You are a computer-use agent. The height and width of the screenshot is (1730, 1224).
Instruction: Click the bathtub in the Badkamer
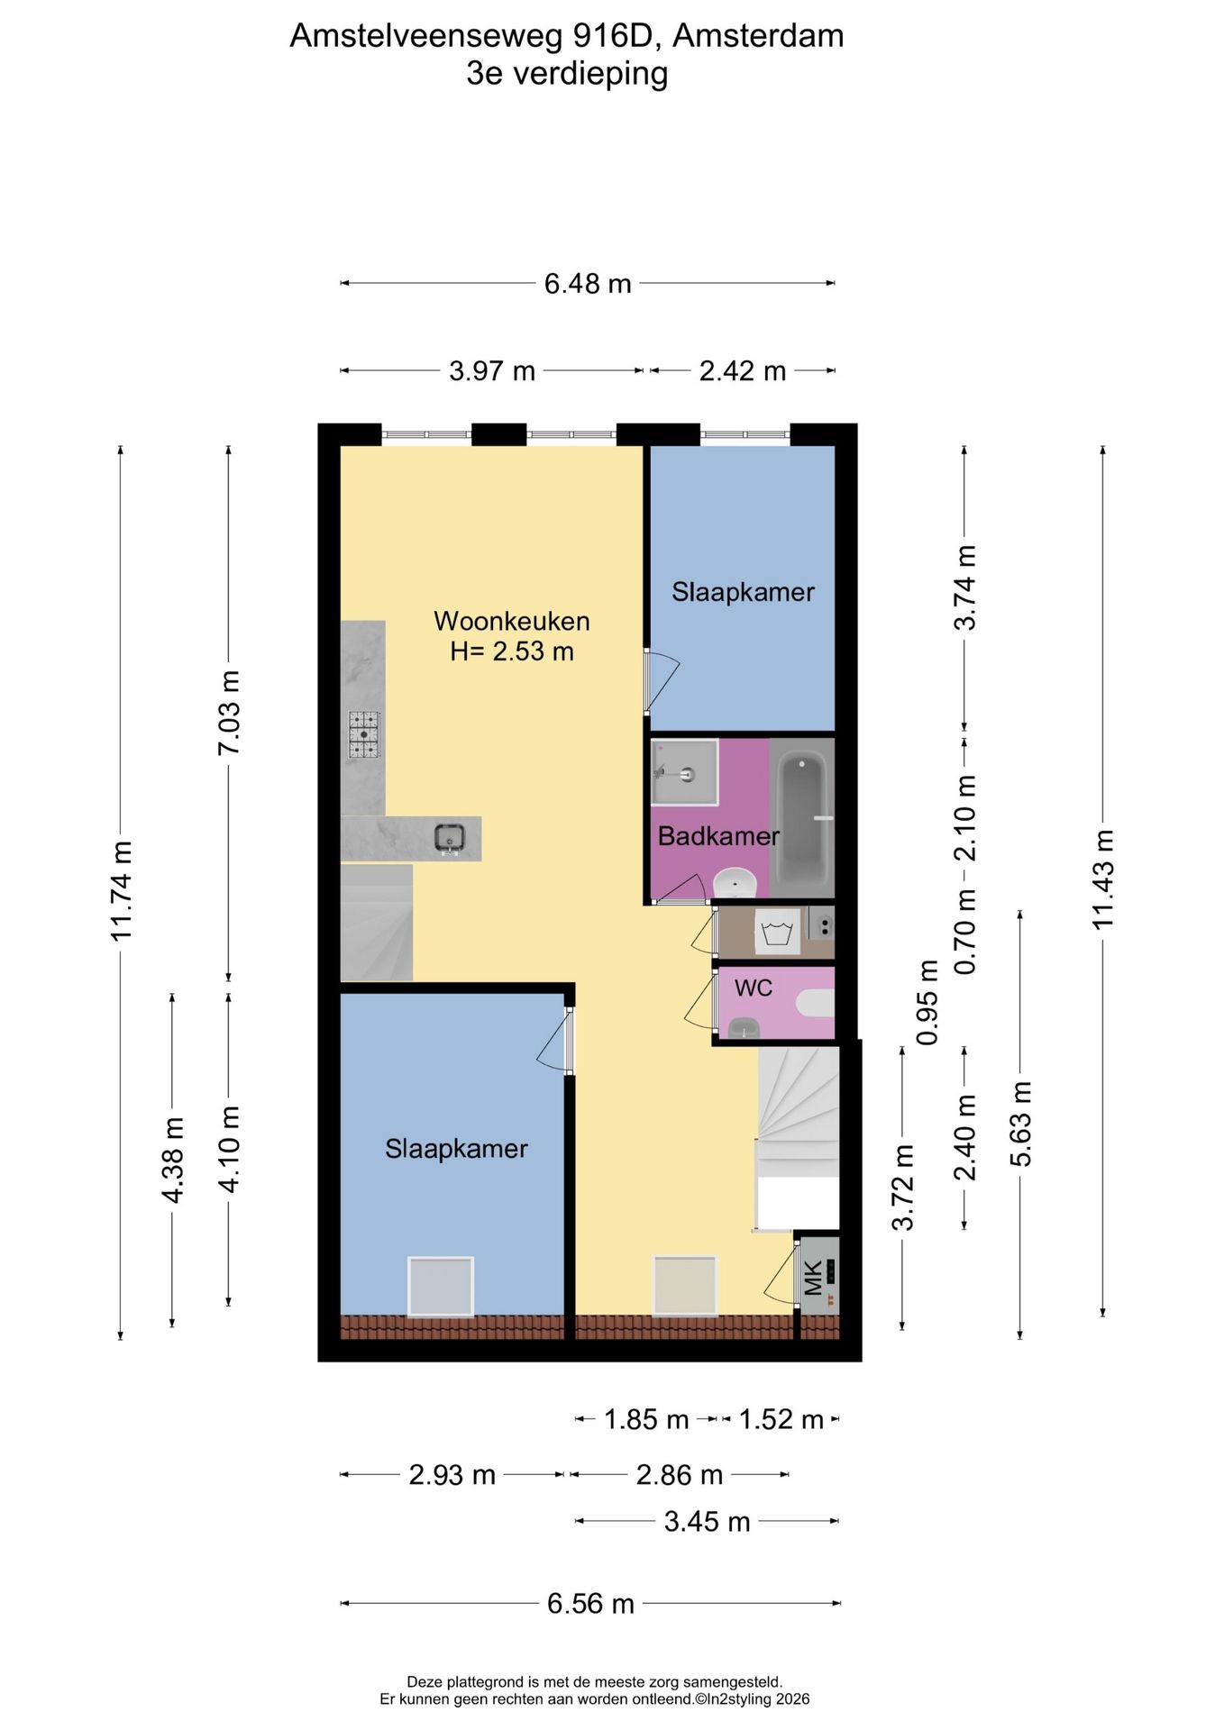[x=802, y=818]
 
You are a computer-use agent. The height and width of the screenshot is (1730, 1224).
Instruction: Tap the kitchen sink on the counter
[x=449, y=838]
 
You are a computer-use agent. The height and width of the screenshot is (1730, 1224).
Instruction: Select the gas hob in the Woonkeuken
[x=365, y=734]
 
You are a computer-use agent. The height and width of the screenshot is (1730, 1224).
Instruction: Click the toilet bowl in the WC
[x=817, y=1002]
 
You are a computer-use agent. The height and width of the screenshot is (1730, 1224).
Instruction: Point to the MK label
[x=814, y=1278]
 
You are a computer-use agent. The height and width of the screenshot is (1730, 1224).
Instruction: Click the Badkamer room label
[x=718, y=836]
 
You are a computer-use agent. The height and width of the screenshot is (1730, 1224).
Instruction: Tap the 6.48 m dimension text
[x=588, y=284]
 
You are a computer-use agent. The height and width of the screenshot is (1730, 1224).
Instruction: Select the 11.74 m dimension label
[x=122, y=890]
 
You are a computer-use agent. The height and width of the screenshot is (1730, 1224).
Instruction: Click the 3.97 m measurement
[x=492, y=370]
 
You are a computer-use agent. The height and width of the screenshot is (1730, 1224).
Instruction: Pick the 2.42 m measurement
[x=743, y=370]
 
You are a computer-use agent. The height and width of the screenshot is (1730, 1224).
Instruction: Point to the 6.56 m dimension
[x=590, y=1603]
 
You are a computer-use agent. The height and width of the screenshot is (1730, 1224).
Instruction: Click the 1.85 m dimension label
[x=646, y=1419]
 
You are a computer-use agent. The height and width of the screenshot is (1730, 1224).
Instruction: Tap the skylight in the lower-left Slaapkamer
[x=440, y=1286]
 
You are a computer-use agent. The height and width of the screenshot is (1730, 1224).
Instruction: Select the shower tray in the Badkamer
[x=684, y=772]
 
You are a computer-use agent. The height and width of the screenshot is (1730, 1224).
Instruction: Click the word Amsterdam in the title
[x=758, y=35]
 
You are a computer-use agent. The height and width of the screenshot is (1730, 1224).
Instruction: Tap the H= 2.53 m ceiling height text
[x=512, y=651]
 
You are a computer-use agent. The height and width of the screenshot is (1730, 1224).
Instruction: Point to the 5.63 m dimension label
[x=1020, y=1124]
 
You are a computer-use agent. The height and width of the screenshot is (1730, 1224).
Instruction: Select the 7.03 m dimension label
[x=230, y=713]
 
